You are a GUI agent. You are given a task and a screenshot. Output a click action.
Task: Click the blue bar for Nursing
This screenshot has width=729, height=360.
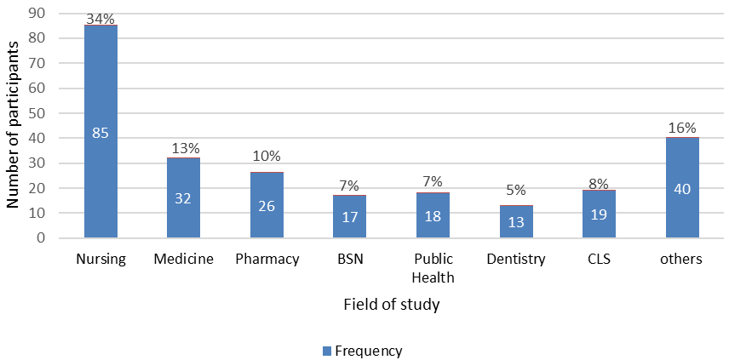tap(100, 131)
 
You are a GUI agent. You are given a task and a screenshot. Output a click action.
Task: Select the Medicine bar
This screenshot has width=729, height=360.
tap(183, 198)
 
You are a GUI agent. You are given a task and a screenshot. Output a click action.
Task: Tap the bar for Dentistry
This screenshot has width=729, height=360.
tap(516, 221)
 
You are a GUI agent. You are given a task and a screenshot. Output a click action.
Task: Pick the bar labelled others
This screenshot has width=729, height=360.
tap(682, 188)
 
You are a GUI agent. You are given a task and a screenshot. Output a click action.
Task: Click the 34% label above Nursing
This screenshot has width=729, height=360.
tap(100, 18)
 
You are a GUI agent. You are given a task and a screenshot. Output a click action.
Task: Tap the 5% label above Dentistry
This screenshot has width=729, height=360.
tap(516, 190)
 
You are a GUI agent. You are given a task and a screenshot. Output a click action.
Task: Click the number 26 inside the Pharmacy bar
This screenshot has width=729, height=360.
tap(267, 206)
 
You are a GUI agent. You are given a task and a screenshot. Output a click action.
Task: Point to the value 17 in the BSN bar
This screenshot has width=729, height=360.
tap(349, 217)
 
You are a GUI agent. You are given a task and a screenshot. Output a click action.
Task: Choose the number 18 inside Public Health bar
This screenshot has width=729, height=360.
tap(433, 217)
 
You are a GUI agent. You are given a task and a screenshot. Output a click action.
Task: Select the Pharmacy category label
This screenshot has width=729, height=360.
tap(267, 260)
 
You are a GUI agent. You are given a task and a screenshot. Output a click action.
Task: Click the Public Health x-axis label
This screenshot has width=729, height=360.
tap(433, 268)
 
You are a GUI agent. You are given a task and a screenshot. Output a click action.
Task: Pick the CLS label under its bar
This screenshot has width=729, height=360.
tap(599, 260)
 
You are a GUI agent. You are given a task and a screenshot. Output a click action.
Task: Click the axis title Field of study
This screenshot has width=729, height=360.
tap(392, 305)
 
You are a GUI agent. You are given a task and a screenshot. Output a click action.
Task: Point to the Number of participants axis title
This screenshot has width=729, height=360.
tap(13, 124)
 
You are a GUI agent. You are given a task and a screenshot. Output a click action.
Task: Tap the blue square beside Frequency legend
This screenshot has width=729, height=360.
tap(328, 351)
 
